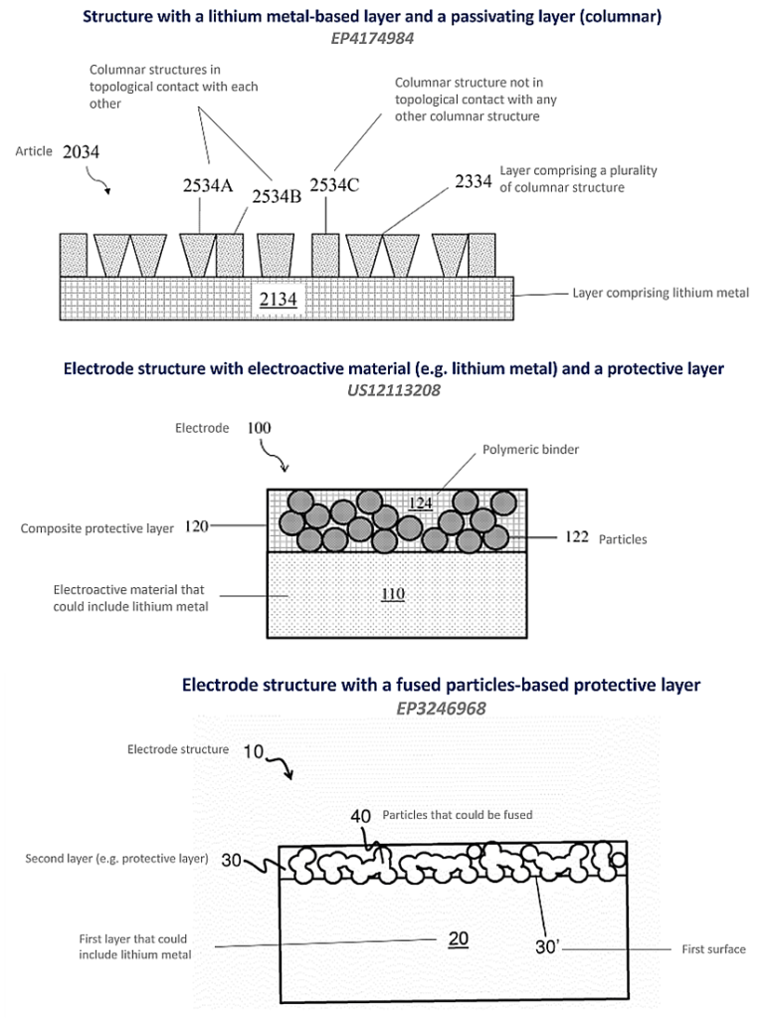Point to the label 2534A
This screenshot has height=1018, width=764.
206,186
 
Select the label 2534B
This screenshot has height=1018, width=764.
276,196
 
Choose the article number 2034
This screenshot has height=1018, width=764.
81,151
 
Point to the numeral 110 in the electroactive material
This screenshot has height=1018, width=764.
393,594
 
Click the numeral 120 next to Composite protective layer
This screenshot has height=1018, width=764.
196,527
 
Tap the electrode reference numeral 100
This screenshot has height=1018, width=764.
257,429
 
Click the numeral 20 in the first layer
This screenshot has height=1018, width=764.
459,937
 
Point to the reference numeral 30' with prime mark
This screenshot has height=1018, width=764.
547,947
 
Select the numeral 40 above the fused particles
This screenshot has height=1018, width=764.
361,816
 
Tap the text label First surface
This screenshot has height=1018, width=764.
712,949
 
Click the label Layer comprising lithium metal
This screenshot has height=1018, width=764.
661,294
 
